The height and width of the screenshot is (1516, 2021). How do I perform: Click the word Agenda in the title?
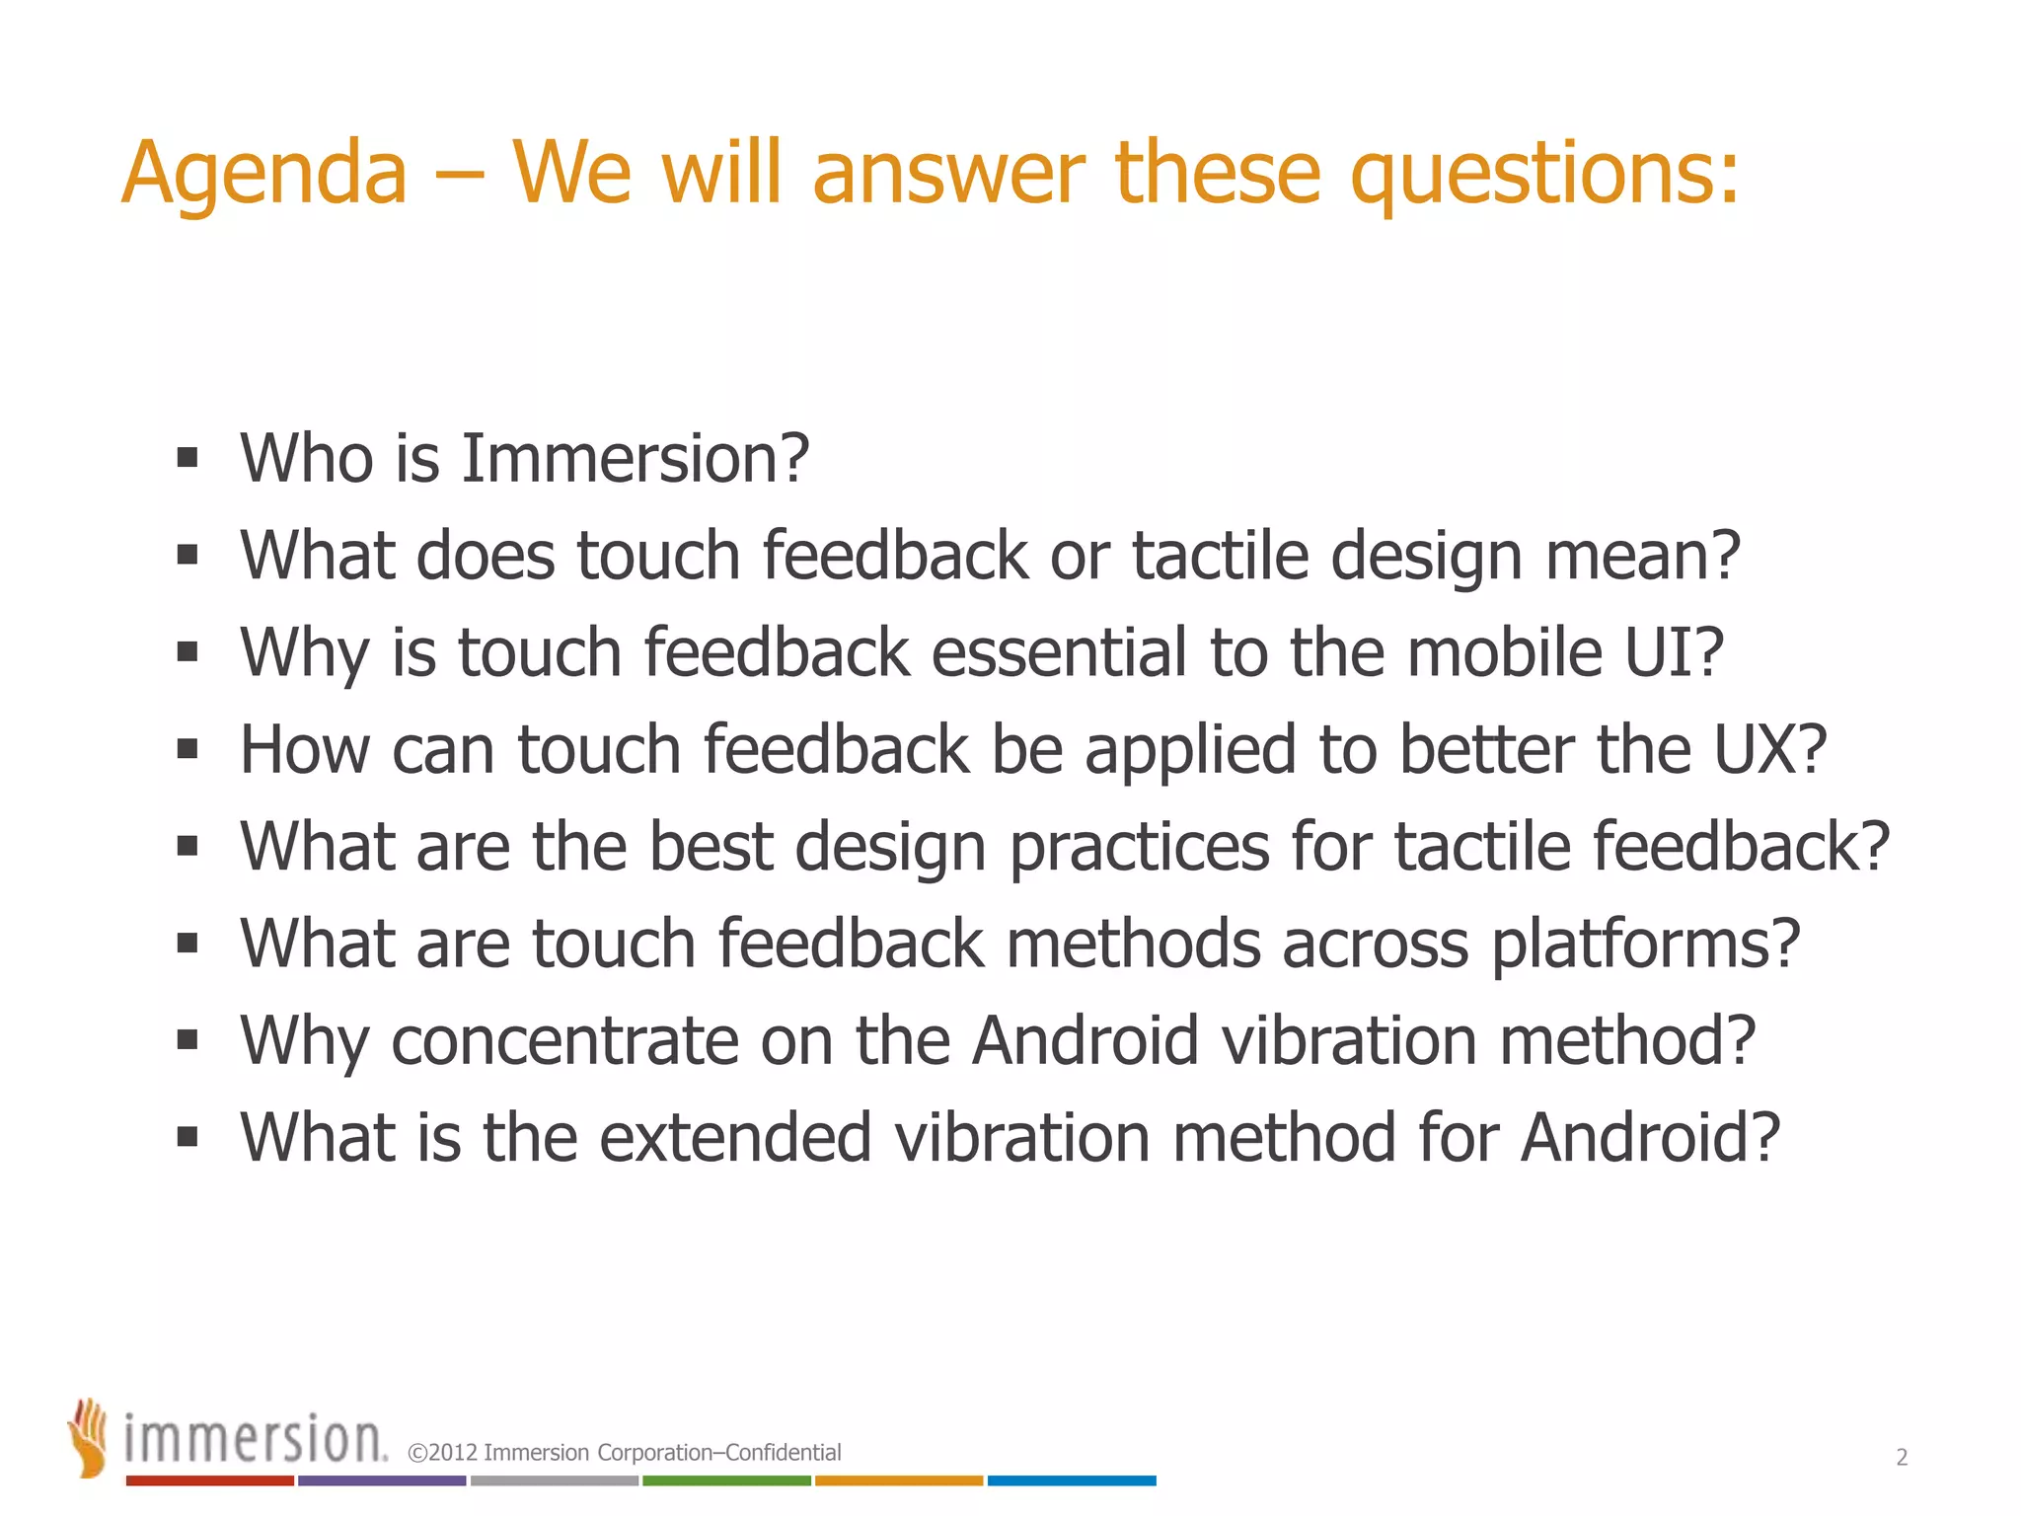[x=263, y=175]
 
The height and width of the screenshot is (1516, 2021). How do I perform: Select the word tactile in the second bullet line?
[x=1220, y=556]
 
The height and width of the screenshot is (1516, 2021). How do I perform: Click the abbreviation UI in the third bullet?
[x=1674, y=652]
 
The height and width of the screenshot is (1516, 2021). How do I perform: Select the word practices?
[x=1140, y=847]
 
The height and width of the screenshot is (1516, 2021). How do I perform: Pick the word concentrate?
[x=564, y=1040]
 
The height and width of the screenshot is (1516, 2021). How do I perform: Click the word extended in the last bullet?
[x=735, y=1137]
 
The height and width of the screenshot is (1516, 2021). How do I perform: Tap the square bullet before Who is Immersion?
[x=187, y=459]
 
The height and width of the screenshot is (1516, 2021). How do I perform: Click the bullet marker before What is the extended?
[x=187, y=1137]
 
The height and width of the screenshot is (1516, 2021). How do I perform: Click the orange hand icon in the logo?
[x=89, y=1437]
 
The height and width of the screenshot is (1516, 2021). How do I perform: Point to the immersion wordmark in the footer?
[x=255, y=1440]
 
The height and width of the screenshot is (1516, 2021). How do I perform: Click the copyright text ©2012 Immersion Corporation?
[x=624, y=1453]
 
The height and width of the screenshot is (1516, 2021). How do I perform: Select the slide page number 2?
[x=1902, y=1457]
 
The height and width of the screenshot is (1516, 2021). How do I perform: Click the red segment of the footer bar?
[x=209, y=1480]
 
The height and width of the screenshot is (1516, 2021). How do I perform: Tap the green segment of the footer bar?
[x=726, y=1480]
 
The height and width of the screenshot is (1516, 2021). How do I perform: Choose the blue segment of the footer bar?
[x=1072, y=1480]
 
